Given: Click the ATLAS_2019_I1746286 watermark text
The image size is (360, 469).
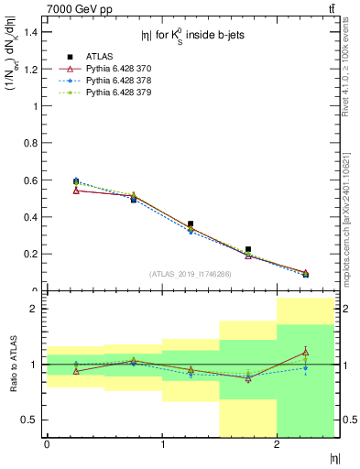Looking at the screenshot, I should tap(191, 273).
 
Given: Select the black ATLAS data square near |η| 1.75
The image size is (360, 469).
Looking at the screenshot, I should tap(248, 249).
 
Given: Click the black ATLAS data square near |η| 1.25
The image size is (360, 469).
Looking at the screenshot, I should tap(191, 224).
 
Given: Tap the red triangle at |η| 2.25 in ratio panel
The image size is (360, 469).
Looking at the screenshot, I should tap(306, 352).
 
